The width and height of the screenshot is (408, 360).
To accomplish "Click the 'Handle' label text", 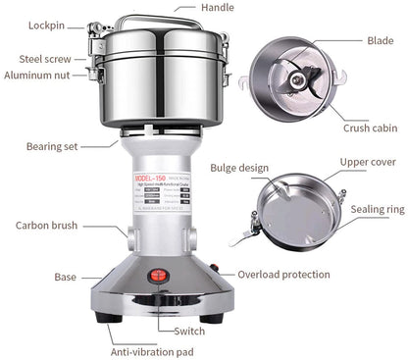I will click(x=218, y=8).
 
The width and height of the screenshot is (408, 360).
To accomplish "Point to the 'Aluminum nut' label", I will click(x=38, y=75).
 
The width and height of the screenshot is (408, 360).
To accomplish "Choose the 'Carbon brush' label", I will click(x=48, y=225).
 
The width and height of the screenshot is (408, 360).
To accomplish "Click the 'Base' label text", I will click(x=67, y=278).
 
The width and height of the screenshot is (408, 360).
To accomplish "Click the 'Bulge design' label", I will click(x=239, y=169).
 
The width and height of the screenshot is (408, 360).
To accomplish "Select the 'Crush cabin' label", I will click(x=371, y=128).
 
